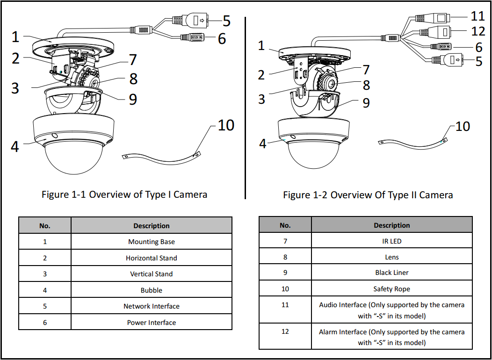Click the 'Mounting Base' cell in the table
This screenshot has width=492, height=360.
point(151,242)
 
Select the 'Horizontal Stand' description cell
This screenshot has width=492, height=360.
point(151,258)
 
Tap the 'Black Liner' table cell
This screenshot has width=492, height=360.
point(391,273)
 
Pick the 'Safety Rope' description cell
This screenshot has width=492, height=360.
point(391,289)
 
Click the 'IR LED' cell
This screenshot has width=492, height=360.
point(391,241)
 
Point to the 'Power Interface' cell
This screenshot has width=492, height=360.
point(151,323)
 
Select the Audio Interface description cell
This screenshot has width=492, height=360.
point(391,310)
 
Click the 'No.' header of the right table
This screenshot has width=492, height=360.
point(285,225)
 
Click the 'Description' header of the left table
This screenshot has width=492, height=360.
point(151,226)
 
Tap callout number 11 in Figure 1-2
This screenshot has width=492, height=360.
point(477,16)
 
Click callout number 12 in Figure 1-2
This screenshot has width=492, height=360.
point(478,32)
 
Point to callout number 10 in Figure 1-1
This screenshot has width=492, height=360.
point(226,125)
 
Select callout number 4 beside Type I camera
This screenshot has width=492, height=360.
point(15,146)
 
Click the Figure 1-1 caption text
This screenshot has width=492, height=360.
point(124,194)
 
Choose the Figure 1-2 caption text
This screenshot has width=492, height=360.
point(368,195)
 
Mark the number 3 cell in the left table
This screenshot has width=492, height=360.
point(45,274)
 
